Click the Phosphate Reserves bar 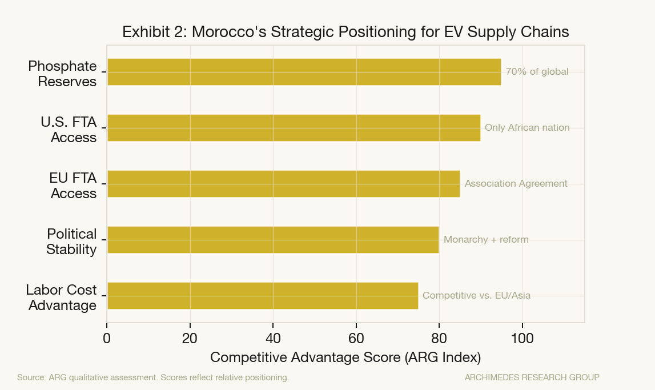304,72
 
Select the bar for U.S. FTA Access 294,128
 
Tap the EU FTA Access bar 283,184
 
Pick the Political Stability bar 273,240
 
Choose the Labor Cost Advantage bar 263,296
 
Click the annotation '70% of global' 537,72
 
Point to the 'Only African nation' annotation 527,128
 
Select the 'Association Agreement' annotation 516,184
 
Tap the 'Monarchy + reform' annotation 486,240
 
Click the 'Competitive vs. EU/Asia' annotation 476,296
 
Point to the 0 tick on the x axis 107,339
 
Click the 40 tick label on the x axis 273,339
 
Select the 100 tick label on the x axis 522,339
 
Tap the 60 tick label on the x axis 356,339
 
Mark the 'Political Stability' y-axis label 71,242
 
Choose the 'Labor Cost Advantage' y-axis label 62,297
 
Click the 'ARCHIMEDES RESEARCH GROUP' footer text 532,377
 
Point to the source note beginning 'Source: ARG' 153,377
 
